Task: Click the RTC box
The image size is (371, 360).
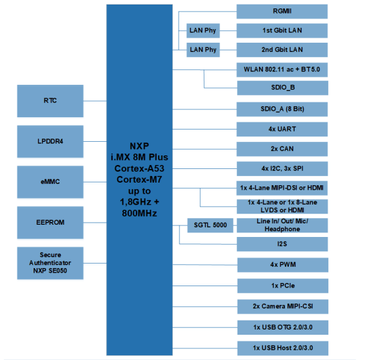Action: [50, 101]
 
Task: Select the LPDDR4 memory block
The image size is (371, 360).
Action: [50, 142]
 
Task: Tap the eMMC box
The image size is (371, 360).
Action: [50, 182]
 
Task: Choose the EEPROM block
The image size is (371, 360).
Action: [50, 223]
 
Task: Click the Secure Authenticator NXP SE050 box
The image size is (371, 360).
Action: [50, 263]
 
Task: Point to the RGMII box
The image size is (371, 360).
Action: [282, 12]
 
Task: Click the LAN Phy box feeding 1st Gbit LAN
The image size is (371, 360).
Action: [203, 30]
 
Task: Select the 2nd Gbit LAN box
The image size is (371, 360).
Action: [282, 50]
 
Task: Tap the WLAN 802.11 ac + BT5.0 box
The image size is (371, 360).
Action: [282, 69]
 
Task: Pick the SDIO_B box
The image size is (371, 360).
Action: [283, 88]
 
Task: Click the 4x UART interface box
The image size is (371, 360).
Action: [282, 129]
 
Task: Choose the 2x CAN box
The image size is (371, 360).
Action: [282, 149]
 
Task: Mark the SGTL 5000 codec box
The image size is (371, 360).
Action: [210, 225]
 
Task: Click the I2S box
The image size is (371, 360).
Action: [282, 244]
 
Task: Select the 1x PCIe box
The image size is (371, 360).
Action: [283, 286]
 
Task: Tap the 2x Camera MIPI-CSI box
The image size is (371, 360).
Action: [283, 306]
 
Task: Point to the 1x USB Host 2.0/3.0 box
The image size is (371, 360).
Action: [283, 348]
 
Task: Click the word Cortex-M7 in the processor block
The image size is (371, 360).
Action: [139, 179]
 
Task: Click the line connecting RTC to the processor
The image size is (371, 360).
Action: [95, 101]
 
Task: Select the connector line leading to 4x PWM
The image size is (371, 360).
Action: [205, 265]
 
